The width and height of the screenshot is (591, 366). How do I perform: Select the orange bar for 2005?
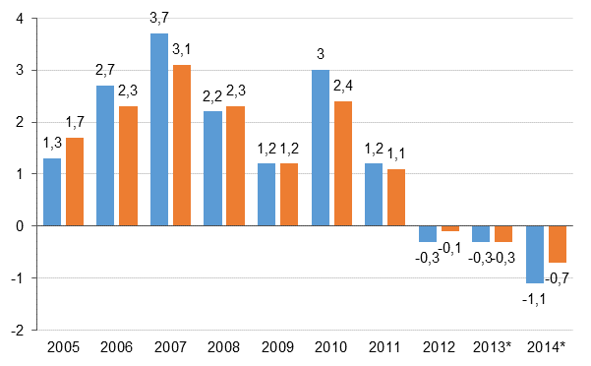point(75,182)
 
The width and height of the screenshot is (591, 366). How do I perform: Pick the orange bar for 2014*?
point(558,244)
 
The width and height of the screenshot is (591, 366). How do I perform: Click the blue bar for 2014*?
point(535,254)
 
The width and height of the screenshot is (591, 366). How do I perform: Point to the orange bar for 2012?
point(450,228)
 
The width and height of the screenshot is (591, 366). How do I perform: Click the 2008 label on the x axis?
point(224,348)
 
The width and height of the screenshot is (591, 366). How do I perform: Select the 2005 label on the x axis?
point(63,348)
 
